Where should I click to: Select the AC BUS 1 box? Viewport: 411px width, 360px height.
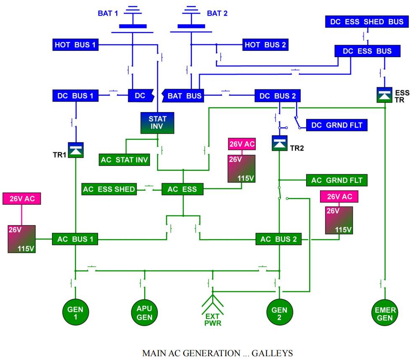75,240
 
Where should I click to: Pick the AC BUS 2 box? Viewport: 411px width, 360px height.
278,240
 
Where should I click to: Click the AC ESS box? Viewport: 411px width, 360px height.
182,189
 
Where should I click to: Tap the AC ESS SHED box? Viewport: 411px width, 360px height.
109,189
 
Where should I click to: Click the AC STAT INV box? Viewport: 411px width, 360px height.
124,159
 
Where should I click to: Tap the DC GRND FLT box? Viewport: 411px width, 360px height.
337,125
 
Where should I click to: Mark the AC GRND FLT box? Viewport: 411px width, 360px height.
337,180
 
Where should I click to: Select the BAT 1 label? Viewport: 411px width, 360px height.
106,13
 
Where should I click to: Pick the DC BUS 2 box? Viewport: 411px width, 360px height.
277,96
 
